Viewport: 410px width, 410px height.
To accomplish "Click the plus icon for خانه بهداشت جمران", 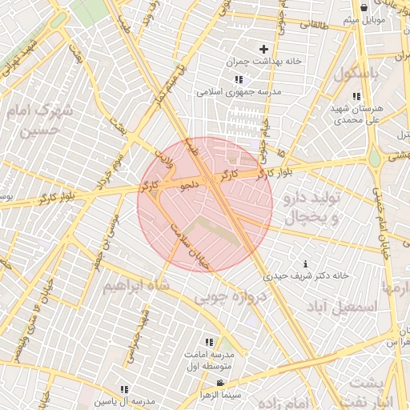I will pos(263,50).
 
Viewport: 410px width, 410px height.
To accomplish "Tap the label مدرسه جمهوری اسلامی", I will pos(239,92).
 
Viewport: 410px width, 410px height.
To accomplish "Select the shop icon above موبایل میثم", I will pos(364,7).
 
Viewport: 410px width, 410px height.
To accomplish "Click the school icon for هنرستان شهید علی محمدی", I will pos(356,96).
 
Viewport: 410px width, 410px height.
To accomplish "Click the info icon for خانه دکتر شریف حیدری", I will pos(305,263).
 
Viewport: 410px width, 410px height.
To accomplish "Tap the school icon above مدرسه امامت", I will pos(210,341).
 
